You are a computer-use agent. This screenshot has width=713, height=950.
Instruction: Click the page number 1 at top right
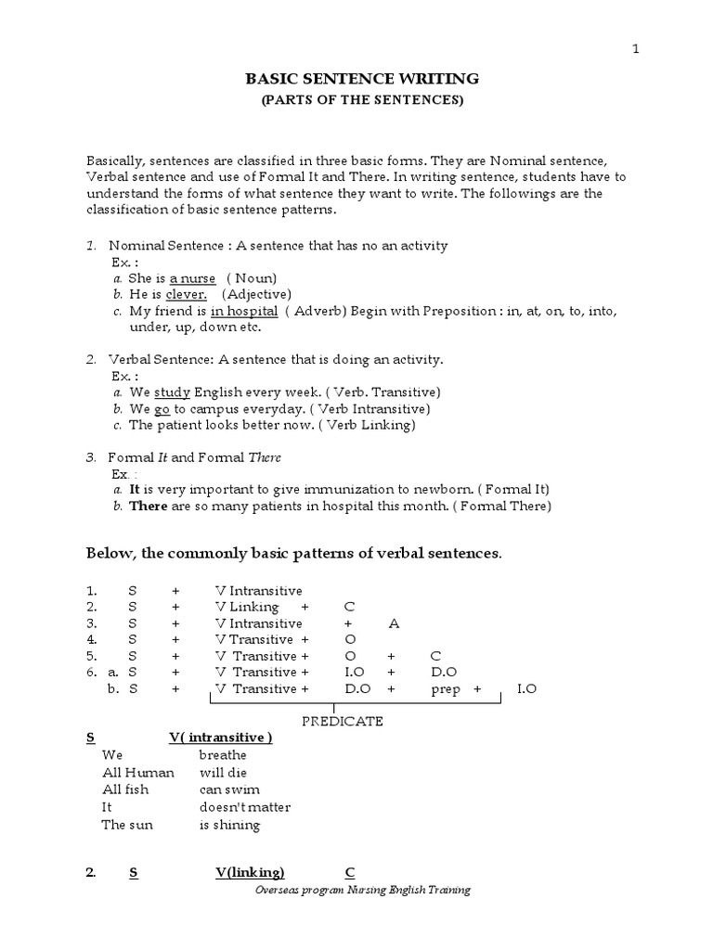coord(636,49)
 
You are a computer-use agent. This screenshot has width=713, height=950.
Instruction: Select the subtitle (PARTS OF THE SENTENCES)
coord(361,101)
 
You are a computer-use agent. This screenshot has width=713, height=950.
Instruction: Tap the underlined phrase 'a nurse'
coord(192,278)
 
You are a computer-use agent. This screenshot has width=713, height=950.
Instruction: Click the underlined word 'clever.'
coord(186,294)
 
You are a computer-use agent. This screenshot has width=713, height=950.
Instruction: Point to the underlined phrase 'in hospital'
coord(244,311)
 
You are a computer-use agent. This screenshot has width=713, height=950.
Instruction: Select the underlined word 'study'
coord(171,392)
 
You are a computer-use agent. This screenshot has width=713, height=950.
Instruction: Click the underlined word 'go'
coord(162,408)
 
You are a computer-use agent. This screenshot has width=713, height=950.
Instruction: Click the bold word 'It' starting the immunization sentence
coord(134,489)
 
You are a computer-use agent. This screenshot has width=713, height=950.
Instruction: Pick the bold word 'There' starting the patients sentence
coord(147,506)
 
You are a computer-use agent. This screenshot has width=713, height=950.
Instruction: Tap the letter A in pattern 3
coord(394,623)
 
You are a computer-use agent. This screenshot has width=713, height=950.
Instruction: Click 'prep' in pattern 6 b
coord(446,689)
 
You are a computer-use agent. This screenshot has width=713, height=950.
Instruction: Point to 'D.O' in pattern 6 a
coord(444,673)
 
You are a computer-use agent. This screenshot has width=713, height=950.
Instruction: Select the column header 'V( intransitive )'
coord(220,738)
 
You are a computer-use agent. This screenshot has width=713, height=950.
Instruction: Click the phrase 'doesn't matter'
coord(244,807)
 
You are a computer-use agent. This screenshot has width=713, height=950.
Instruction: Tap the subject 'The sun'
coord(127,825)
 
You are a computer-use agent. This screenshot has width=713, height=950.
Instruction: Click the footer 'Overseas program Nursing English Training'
coord(362,890)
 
